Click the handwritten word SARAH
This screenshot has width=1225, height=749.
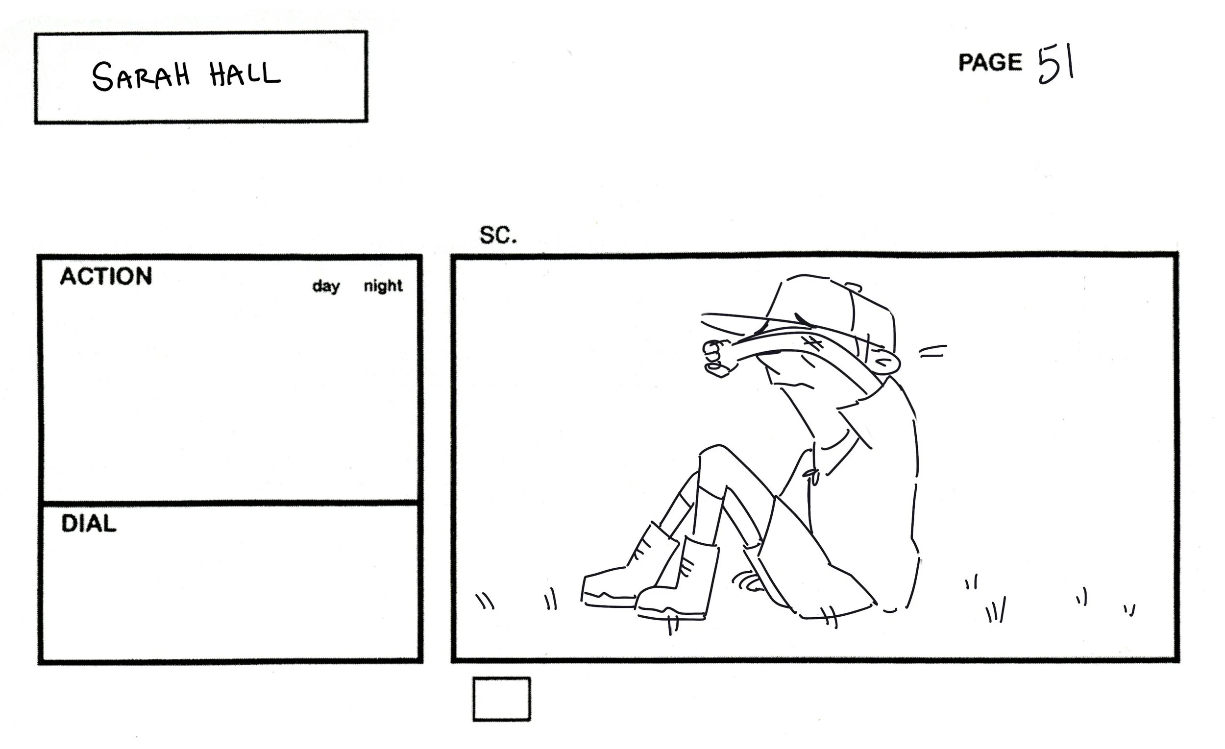coord(141,76)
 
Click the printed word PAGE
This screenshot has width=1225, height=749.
coord(990,63)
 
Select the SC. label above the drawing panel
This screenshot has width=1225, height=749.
coord(498,235)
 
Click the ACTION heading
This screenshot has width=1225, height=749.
coord(106,276)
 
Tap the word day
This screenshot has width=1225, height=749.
coord(326,286)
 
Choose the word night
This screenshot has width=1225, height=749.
coord(383,286)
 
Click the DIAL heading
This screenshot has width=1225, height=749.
coord(89,524)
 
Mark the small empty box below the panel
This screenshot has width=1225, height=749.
coord(501,699)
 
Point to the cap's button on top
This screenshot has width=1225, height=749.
coord(854,287)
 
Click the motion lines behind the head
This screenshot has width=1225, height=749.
coord(932,351)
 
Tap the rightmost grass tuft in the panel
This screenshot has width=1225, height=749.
coord(1130,610)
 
